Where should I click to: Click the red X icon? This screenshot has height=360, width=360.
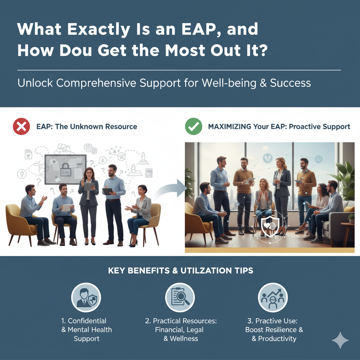coord(21,127)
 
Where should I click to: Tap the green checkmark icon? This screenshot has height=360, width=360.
coord(193,127)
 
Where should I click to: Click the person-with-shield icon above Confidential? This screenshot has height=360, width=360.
coord(86,297)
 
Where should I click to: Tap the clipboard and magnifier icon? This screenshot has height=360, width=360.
coord(180,297)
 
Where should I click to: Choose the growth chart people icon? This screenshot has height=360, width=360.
coord(273,297)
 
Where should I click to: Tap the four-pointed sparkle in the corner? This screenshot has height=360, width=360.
coord(340,340)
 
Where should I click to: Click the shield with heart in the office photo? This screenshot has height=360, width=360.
coord(270,225)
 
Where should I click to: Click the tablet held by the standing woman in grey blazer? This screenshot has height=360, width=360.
coord(89,186)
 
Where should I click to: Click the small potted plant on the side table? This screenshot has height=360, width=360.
coord(351,219)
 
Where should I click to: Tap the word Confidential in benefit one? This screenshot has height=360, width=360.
coord(87,321)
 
